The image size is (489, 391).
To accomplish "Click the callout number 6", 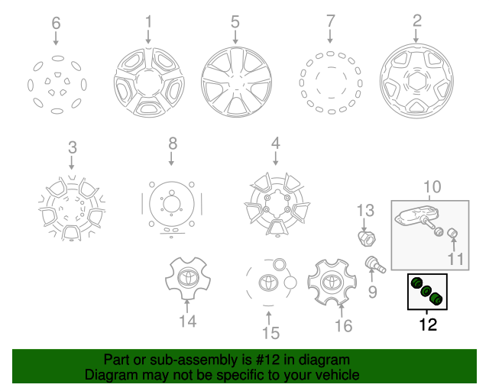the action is pos(56,23).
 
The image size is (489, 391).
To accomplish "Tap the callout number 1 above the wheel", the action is pos(148,22).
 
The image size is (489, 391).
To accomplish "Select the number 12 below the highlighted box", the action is pos(428,325).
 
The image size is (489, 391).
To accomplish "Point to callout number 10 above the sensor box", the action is pos(432,187).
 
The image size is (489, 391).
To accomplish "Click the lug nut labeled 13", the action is pos(367,239).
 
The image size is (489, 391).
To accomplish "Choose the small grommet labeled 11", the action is pos(452,233).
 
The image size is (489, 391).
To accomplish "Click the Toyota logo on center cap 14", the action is pos(188,277).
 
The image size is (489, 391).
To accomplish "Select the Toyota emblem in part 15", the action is pos(268,283).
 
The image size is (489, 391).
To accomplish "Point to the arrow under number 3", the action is pos(72,163).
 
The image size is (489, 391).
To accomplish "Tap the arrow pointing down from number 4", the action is pos(275,158).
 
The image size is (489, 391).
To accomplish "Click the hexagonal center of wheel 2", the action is pos(416,81).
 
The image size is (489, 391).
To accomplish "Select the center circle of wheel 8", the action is pos(171,205).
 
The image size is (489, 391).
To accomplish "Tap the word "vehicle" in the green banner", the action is pos(340,375).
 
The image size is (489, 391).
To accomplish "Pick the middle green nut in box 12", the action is pos(426,291).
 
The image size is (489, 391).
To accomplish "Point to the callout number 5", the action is pos(235,22).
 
